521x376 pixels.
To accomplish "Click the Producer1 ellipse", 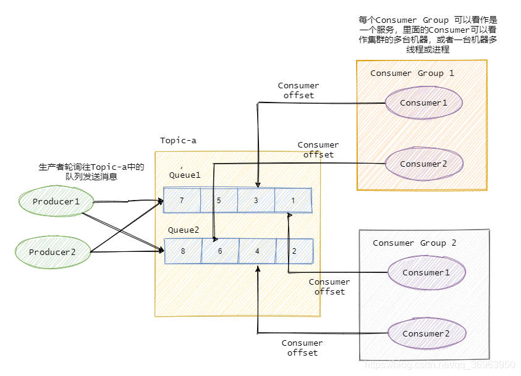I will (56, 202).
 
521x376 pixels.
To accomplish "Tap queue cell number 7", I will (182, 201).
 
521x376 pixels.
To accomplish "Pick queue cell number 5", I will (219, 201).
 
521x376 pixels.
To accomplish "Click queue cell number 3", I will (256, 201).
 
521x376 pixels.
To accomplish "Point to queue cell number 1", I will (293, 201).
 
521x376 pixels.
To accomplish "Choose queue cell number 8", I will (183, 251).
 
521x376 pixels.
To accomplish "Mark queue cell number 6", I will (220, 251).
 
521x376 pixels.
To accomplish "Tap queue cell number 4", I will (257, 251).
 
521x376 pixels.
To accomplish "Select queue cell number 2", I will (294, 251).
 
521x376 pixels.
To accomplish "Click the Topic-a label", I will (178, 141).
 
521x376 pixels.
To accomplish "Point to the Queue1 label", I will (185, 175).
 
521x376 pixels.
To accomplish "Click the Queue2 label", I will (184, 230).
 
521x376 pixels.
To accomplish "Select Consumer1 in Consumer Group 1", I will (424, 102).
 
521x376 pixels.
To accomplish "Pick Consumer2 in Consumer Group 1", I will (424, 164).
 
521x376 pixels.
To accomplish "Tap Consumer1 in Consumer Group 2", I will (426, 272).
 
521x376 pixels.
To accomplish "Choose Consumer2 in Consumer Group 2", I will (426, 333).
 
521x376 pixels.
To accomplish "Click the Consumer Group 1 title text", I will (412, 73).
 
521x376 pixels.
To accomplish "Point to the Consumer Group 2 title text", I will (415, 243).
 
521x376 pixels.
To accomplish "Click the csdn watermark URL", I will (441, 365).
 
